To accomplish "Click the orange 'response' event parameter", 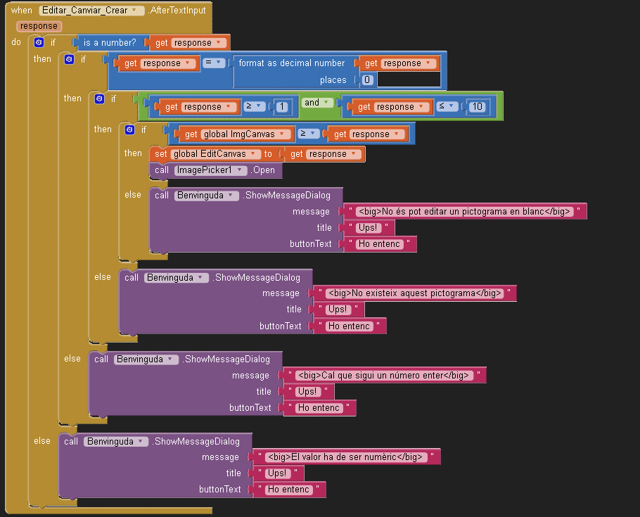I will pyautogui.click(x=39, y=26).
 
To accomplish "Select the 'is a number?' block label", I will pyautogui.click(x=110, y=43).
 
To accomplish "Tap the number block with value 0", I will pyautogui.click(x=367, y=80).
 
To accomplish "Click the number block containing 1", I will pyautogui.click(x=281, y=107).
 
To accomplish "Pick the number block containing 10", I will pyautogui.click(x=478, y=107).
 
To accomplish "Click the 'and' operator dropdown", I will pyautogui.click(x=314, y=103).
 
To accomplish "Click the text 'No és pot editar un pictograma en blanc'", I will pyautogui.click(x=463, y=212).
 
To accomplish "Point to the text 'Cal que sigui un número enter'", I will pyautogui.click(x=383, y=375).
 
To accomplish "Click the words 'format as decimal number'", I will pyautogui.click(x=292, y=63).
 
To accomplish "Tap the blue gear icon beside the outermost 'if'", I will pyautogui.click(x=39, y=43).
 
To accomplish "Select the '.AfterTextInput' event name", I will pyautogui.click(x=177, y=11).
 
